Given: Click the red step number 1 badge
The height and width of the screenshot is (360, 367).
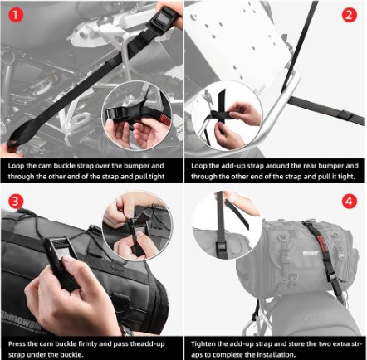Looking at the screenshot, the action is point(15,15).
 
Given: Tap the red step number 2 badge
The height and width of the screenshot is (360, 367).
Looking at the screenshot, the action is point(350,15).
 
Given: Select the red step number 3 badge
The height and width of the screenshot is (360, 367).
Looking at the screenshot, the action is point(15,202).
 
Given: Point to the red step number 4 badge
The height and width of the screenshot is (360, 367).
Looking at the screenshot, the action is point(350,202).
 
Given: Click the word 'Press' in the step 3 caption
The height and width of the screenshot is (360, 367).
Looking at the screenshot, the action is point(17,344).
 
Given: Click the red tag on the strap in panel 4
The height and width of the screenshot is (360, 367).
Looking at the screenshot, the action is point(323,244).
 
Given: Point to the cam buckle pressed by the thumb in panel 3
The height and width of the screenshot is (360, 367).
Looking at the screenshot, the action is point(60,255).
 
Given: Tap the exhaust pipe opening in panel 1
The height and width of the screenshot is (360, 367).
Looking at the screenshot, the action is point(7,56).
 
